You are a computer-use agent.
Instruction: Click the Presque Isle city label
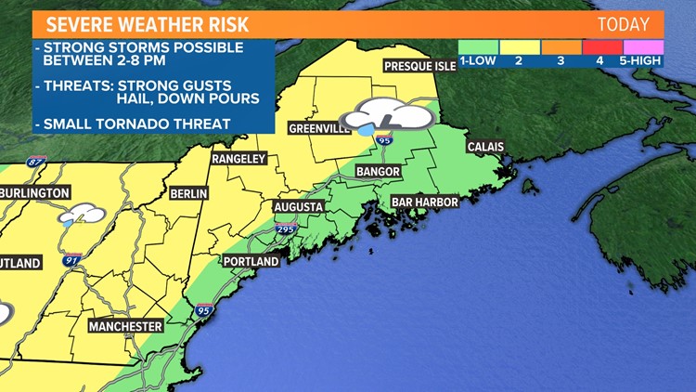pos(421,66)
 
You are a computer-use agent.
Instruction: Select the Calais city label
pos(485,147)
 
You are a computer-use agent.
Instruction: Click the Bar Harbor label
pos(424,200)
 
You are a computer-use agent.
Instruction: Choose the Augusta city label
pos(298,206)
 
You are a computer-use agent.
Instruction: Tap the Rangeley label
pos(239,159)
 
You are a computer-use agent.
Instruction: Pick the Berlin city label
pos(188,193)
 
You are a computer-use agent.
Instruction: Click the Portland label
pos(251,262)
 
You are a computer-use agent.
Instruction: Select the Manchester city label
pos(126,326)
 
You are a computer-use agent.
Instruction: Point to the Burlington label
pos(35,192)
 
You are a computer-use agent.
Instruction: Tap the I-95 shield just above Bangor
pos(383,140)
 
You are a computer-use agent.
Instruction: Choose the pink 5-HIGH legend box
pos(643,46)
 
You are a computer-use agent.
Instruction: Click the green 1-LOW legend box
pos(478,46)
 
